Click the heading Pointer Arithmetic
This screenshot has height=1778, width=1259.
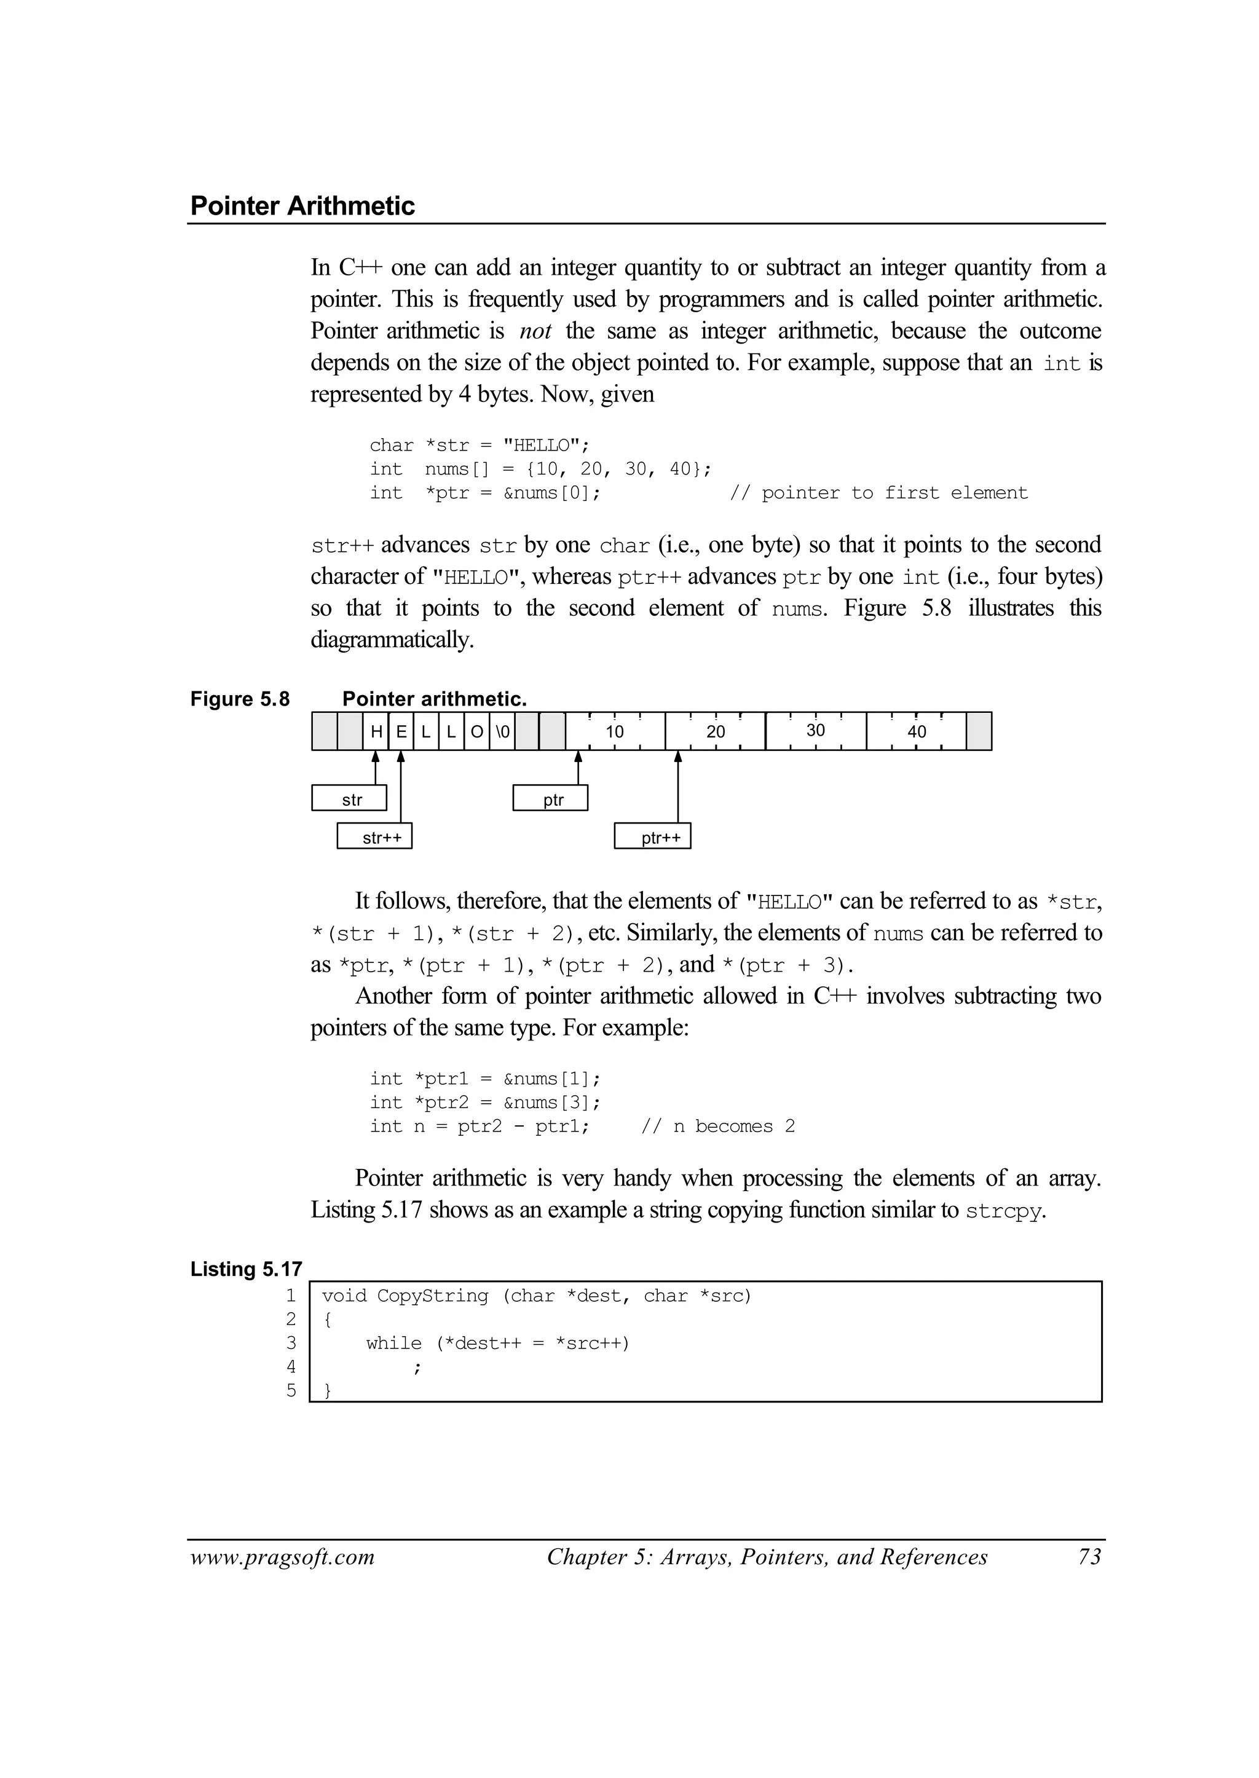pyautogui.click(x=302, y=206)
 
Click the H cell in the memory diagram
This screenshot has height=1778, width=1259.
pyautogui.click(x=376, y=731)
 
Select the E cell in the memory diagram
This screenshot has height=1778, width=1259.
pyautogui.click(x=401, y=731)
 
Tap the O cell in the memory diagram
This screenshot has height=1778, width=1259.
pyautogui.click(x=477, y=731)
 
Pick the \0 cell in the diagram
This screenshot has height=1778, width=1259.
pyautogui.click(x=502, y=731)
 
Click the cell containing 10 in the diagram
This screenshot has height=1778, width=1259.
pyautogui.click(x=615, y=731)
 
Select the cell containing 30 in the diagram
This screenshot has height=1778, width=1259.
pyautogui.click(x=816, y=731)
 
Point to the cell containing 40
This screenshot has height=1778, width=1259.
pyautogui.click(x=917, y=731)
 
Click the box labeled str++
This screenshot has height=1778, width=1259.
pyautogui.click(x=374, y=837)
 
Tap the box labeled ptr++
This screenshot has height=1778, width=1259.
pyautogui.click(x=653, y=837)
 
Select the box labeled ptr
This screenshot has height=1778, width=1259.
pyautogui.click(x=550, y=799)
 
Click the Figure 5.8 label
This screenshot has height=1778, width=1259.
pyautogui.click(x=240, y=699)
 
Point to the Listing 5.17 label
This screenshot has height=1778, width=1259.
pyautogui.click(x=246, y=1270)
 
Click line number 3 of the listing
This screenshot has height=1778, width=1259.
pyautogui.click(x=291, y=1343)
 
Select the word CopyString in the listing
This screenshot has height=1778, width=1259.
pyautogui.click(x=433, y=1296)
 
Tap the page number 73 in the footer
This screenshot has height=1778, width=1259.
pyautogui.click(x=1089, y=1558)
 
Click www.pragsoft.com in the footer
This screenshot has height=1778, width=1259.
pyautogui.click(x=282, y=1558)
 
